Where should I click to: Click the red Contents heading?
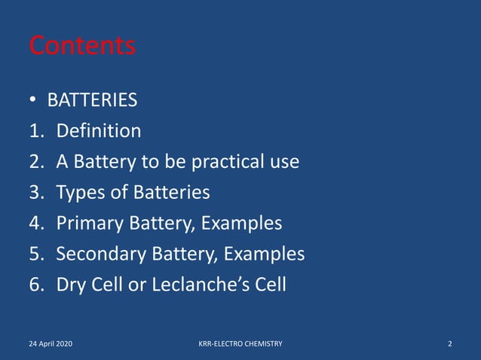tap(82, 46)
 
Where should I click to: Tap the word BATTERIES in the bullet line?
tap(92, 100)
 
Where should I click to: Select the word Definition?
tap(98, 131)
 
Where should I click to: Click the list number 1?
tap(35, 131)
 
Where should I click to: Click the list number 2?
tap(35, 162)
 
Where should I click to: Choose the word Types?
tap(81, 193)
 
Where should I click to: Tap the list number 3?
tap(35, 193)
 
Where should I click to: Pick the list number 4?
tap(35, 224)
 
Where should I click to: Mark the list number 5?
tap(35, 255)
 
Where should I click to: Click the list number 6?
tap(35, 285)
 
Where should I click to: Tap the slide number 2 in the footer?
tap(450, 344)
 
